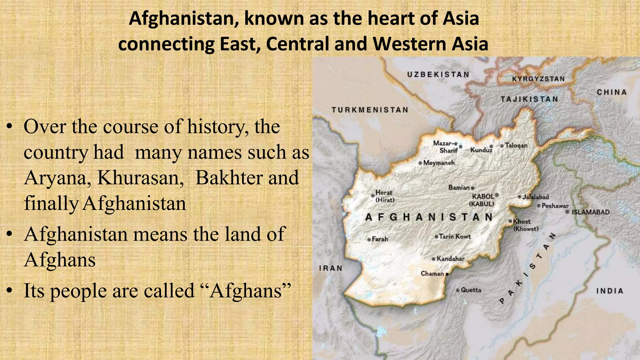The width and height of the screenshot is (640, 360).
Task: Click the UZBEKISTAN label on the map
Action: (438, 74)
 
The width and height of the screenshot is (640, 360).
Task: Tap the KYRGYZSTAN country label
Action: (538, 79)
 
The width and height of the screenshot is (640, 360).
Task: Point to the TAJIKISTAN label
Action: (529, 99)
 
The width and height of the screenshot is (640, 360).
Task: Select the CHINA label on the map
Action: (612, 92)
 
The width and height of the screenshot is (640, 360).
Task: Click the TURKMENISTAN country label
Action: (370, 110)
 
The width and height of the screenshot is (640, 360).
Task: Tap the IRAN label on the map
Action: (331, 268)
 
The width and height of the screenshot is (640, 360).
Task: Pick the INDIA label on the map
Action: (610, 291)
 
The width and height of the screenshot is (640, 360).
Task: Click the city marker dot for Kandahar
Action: (433, 259)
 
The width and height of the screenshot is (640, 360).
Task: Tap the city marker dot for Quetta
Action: (458, 290)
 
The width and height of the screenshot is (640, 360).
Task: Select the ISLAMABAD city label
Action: (591, 212)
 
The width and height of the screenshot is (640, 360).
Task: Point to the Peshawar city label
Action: (555, 206)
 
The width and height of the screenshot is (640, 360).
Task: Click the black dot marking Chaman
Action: (447, 274)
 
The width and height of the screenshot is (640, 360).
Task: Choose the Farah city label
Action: (380, 239)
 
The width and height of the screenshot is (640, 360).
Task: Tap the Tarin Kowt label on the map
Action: (455, 237)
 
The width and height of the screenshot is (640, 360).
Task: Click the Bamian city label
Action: (459, 187)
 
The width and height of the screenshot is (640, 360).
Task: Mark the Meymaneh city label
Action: (439, 163)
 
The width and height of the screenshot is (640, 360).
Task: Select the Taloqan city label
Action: (516, 146)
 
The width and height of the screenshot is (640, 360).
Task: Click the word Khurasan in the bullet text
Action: (140, 178)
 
